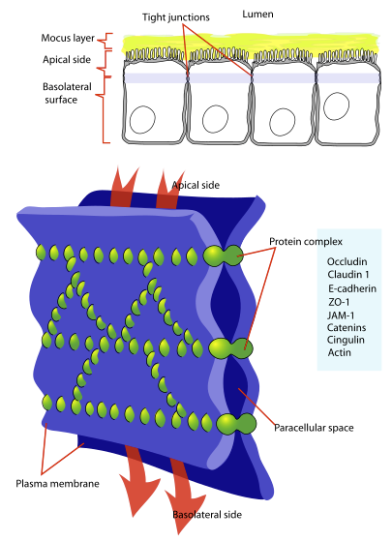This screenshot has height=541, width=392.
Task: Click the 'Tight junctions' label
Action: tap(176, 17)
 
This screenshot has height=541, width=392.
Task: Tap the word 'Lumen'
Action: tap(257, 15)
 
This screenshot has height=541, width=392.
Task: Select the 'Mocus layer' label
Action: tap(68, 38)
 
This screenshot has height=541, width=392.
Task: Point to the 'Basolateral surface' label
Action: tap(67, 93)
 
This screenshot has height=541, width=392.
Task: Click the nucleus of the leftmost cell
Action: tap(142, 120)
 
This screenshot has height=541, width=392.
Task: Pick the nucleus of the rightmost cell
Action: tap(337, 106)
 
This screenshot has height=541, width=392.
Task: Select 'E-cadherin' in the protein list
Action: tap(352, 288)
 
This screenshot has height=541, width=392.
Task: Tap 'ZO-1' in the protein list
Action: tap(339, 302)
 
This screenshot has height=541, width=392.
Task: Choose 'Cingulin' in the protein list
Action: tap(346, 340)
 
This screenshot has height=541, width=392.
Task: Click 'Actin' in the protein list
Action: tap(339, 352)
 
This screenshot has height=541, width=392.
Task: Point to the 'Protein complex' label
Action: tap(306, 242)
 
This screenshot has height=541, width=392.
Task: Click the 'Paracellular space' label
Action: tap(314, 428)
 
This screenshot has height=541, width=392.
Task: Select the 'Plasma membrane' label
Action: tap(57, 483)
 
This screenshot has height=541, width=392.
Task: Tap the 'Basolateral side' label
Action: tap(207, 515)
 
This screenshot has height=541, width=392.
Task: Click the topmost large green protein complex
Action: tap(223, 255)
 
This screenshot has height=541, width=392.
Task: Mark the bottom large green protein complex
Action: tap(236, 423)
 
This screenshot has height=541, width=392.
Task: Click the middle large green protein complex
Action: tap(230, 348)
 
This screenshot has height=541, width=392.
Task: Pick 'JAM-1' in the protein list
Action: tap(341, 316)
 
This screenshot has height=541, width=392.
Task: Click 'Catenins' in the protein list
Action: tap(347, 327)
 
